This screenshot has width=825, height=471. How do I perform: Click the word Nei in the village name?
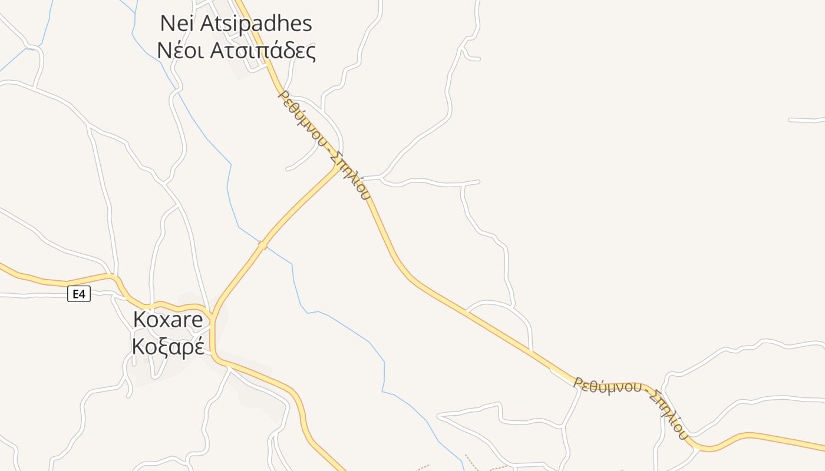coord(177,24)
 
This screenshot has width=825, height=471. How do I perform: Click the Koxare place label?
coord(168,320)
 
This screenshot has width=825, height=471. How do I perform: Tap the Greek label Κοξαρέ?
coord(168,347)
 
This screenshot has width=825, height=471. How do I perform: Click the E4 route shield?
coord(79,294)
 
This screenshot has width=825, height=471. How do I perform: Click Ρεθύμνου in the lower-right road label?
coord(608,386)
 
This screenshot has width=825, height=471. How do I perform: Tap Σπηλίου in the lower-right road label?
coord(668,414)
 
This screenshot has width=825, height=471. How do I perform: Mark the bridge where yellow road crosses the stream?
coord(263,244)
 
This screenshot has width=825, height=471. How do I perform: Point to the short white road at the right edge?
coord(806,120)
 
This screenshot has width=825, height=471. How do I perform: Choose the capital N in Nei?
coord(169,24)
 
